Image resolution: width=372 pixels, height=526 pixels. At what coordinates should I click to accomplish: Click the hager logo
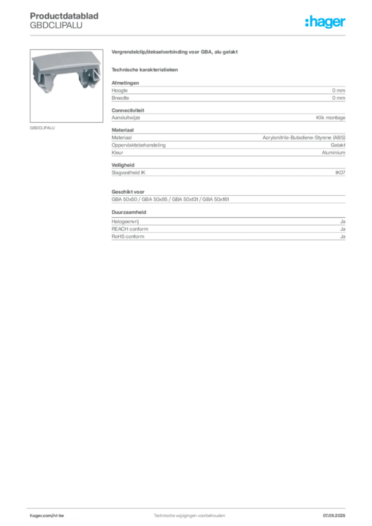point(325,22)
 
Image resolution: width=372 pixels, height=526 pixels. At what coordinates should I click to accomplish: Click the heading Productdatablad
point(64,16)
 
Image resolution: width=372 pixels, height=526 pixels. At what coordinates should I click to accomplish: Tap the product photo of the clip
point(66,72)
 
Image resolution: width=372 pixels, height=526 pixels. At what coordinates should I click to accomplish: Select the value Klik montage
point(330,118)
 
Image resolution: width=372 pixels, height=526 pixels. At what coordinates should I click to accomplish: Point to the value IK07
point(340,173)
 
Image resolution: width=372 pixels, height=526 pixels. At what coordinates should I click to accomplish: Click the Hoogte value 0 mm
point(339,90)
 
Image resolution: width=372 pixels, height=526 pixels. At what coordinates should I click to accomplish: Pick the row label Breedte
point(120,98)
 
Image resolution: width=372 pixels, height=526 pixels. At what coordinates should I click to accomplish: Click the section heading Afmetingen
point(125,83)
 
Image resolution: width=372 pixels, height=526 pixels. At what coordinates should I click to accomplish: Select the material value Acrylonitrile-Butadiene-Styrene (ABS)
point(304,138)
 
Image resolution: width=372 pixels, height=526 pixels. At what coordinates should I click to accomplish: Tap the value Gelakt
point(338,145)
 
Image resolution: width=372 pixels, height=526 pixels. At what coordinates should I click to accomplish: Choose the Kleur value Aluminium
point(333,152)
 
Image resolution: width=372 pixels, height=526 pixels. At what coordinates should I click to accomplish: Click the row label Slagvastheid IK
point(128,173)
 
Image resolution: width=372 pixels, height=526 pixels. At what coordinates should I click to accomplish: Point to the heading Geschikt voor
point(128,192)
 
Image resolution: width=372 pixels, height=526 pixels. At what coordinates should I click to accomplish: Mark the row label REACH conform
point(130,229)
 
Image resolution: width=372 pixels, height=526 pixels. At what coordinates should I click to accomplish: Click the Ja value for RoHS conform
point(343,236)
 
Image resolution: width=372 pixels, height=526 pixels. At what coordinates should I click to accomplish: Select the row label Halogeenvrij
point(125,221)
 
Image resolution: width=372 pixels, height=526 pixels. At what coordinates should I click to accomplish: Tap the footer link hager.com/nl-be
point(47,515)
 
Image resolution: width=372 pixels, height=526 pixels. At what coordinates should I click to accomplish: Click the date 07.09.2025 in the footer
point(334,515)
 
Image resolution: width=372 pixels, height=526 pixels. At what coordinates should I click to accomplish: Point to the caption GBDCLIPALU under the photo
point(42,128)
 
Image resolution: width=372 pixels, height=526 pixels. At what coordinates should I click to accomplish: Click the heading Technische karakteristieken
point(144,70)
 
